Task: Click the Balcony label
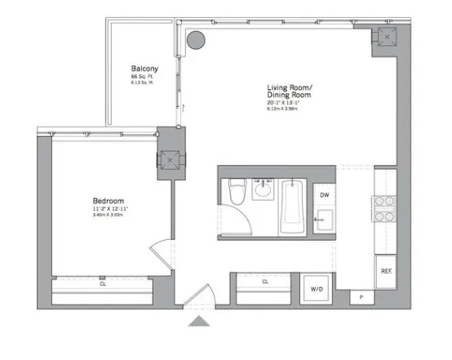pyautogui.click(x=144, y=69)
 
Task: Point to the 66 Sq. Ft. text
pyautogui.click(x=143, y=77)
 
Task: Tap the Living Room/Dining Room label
pyautogui.click(x=292, y=91)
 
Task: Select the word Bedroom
pyautogui.click(x=107, y=201)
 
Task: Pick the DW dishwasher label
pyautogui.click(x=324, y=195)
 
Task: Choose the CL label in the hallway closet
pyautogui.click(x=265, y=282)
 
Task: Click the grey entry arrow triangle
pyautogui.click(x=199, y=322)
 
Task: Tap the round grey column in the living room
pyautogui.click(x=196, y=38)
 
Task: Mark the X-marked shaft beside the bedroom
pyautogui.click(x=169, y=161)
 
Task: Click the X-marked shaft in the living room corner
pyautogui.click(x=384, y=38)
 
